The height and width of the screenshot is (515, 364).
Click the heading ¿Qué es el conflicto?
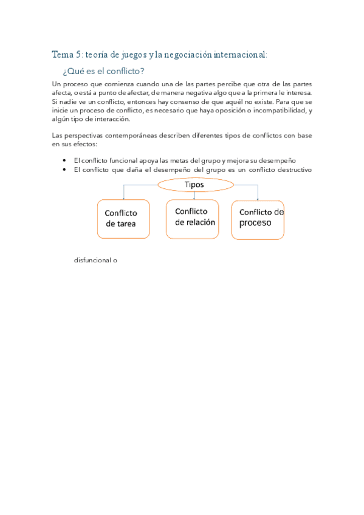pos(103,71)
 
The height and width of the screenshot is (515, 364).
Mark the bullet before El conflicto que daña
pos(64,169)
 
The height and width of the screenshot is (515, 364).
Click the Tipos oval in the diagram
pos(194,184)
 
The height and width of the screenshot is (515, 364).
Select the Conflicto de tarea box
pos(123,219)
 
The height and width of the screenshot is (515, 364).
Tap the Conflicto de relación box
pos(193,218)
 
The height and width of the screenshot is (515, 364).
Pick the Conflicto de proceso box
pos(258,219)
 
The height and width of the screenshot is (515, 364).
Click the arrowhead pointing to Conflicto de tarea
pos(124,198)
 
